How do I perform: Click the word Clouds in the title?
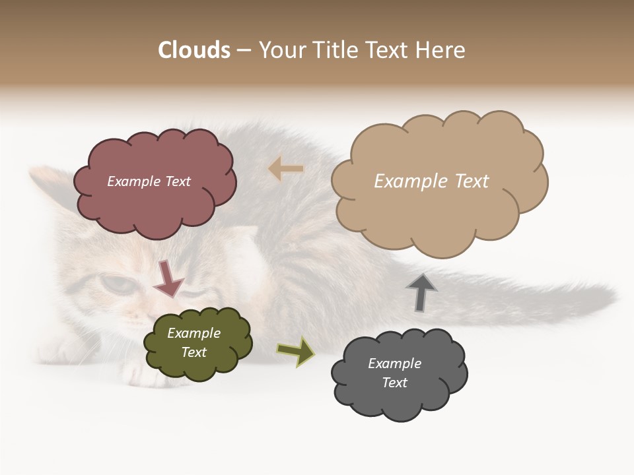194,50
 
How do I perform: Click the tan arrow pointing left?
286,169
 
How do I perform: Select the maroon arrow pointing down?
168,278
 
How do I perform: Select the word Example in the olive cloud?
194,333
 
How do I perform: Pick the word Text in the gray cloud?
395,383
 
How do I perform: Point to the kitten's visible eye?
117,284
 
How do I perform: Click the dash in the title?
243,51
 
